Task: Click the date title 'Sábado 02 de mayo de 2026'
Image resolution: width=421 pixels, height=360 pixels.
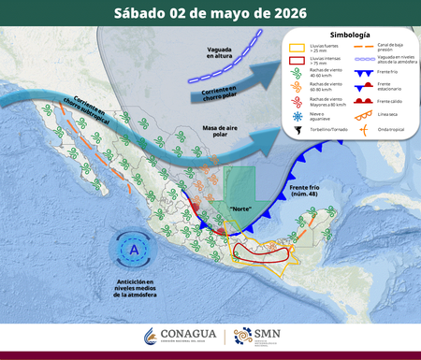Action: [210, 13]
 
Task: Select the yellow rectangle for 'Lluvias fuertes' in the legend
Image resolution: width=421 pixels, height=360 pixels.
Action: [296, 47]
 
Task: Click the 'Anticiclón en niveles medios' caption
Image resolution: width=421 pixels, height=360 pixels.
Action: [137, 292]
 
